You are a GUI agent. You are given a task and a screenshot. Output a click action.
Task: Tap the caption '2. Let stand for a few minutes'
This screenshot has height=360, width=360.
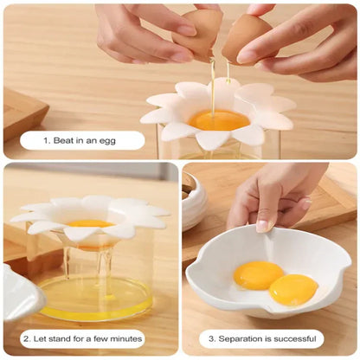[x=87, y=339]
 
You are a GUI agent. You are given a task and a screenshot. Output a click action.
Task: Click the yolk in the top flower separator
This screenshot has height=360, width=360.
[x=219, y=119]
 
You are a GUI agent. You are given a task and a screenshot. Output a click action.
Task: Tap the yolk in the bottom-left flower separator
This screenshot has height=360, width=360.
[x=90, y=224]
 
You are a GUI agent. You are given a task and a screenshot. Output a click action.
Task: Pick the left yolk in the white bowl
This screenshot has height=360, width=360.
[x=258, y=275]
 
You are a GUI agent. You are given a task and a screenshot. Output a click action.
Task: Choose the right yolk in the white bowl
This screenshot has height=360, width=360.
[x=293, y=289]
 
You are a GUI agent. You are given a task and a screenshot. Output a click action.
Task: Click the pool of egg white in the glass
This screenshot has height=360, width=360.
[x=96, y=307]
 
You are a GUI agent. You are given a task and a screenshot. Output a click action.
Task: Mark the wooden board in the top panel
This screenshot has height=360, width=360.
[x=22, y=112]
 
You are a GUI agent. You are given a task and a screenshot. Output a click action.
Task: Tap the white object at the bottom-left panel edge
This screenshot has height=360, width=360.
[x=19, y=294]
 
